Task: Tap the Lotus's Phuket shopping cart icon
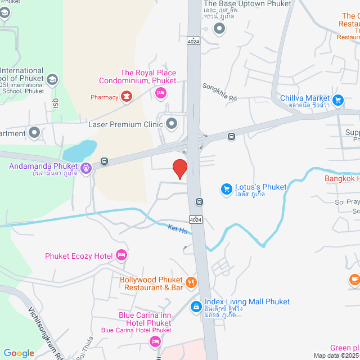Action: tap(227, 189)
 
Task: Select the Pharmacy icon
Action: tap(127, 97)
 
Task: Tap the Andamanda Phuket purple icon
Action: tap(85, 168)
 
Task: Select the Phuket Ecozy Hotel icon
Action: tap(121, 256)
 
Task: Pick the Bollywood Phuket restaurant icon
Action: tap(191, 283)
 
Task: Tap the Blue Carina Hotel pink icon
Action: tap(155, 341)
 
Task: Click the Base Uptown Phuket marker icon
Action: tap(219, 27)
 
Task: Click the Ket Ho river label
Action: tap(177, 229)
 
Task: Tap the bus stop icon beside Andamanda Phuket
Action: tap(104, 161)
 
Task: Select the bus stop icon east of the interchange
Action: tap(231, 137)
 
